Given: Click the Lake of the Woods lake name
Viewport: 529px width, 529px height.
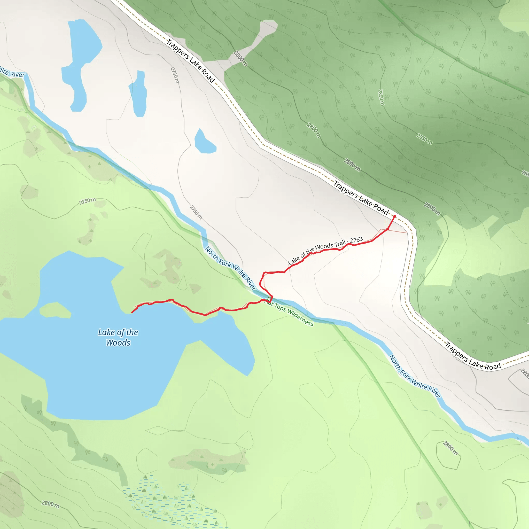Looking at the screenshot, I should point(118,337).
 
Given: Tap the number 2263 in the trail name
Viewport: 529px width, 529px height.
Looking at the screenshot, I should point(356,240).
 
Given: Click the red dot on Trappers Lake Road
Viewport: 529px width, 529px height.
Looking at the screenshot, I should point(395,216).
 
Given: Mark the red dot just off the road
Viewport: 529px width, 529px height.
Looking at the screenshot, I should point(388,229).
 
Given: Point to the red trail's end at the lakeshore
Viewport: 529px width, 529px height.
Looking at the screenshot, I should point(132,313).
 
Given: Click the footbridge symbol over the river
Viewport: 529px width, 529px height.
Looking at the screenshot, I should point(269,298).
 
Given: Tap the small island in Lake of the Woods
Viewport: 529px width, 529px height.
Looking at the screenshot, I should point(55,310).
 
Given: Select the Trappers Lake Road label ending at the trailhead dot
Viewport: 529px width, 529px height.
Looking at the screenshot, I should point(361,198).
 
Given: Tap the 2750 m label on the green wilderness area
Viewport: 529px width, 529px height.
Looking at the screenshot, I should point(88,201).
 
